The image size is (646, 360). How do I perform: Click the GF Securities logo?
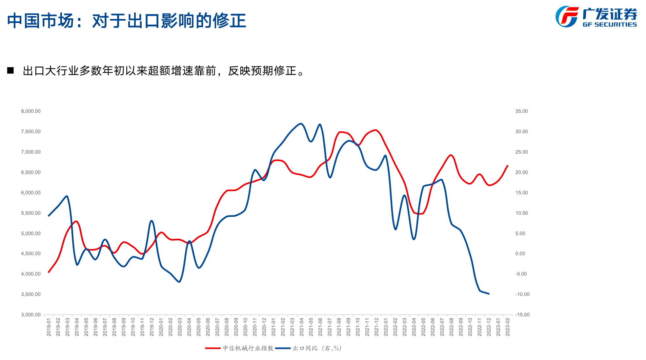pos(596,17)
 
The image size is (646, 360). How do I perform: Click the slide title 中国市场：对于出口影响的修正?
pos(126,21)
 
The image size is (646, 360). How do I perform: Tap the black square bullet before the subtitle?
pos(10,70)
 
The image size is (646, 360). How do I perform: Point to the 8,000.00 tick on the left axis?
pos(31,111)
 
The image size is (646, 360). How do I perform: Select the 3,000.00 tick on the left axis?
pos(31,315)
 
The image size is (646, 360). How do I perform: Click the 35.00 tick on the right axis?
pos(521,111)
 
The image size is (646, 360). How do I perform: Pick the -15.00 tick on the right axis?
pos(522,315)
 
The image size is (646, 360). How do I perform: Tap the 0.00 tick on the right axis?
pos(520,253)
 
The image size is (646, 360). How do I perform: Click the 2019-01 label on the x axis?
pos(49,327)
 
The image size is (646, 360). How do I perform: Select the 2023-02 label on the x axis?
pos(508,327)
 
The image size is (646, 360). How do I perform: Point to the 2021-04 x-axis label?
pos(302,327)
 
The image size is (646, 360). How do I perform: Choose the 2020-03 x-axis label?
pos(180,327)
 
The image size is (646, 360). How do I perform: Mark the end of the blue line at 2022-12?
pos(489,294)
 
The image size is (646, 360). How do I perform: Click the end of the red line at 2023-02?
pos(508,166)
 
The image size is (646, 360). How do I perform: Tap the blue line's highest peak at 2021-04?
pos(301,124)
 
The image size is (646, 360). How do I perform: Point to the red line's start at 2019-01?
pos(49,272)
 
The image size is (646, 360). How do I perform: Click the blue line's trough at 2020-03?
pos(179,282)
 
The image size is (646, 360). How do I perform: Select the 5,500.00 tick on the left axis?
pos(31,213)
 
